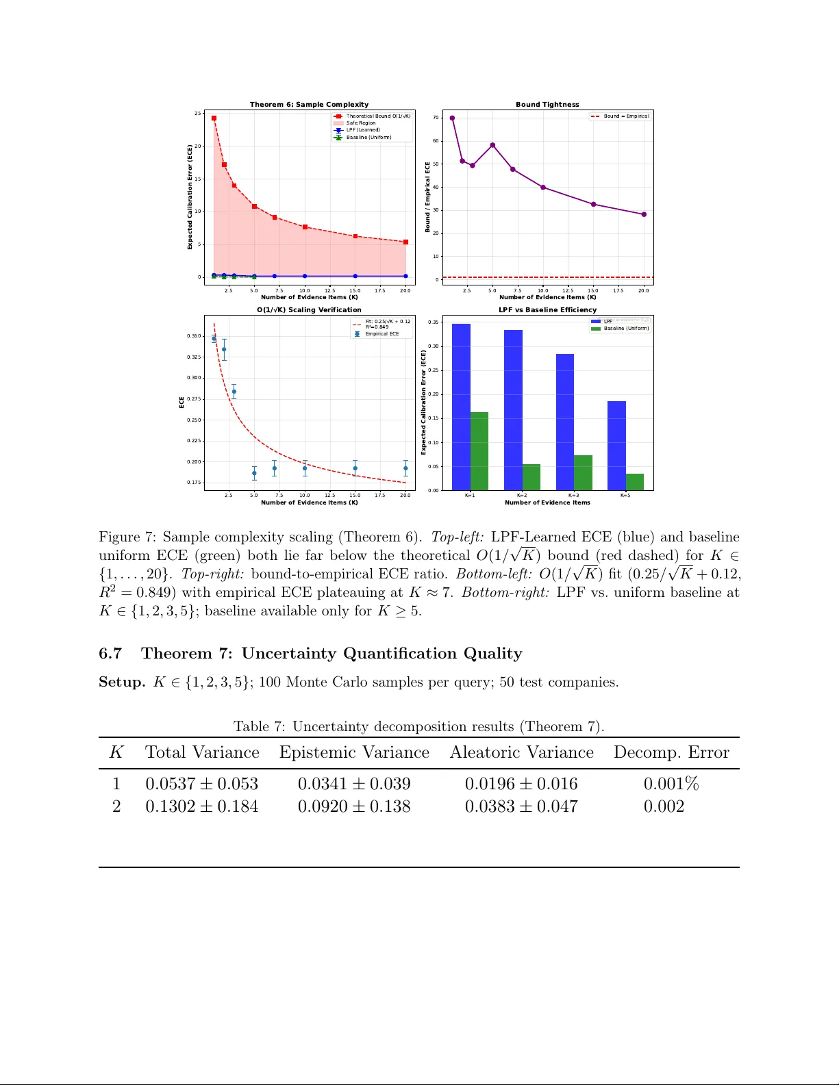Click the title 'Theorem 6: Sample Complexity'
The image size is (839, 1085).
click(309, 105)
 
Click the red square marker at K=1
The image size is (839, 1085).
click(214, 118)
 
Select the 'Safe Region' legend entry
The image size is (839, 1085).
click(360, 123)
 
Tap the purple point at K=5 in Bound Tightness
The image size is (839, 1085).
click(492, 145)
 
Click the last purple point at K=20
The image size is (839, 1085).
click(644, 214)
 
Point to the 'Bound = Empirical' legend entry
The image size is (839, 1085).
click(626, 116)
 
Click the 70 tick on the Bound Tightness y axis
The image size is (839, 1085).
click(436, 118)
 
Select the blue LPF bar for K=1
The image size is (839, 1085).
click(461, 407)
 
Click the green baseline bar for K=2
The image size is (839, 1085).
click(531, 477)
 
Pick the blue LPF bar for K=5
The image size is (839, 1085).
click(616, 446)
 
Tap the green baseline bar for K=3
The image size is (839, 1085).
click(583, 472)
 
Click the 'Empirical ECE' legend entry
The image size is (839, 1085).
click(381, 334)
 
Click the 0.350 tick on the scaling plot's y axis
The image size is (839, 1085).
click(194, 336)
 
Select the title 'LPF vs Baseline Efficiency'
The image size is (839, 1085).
click(547, 310)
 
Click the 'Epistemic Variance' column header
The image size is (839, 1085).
click(354, 752)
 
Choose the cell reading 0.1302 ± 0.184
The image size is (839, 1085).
click(201, 806)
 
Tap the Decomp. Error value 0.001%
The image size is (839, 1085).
click(671, 784)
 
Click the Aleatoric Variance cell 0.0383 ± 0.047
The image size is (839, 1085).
click(521, 806)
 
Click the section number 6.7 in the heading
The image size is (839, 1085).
click(110, 653)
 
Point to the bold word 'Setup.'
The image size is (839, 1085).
click(122, 682)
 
